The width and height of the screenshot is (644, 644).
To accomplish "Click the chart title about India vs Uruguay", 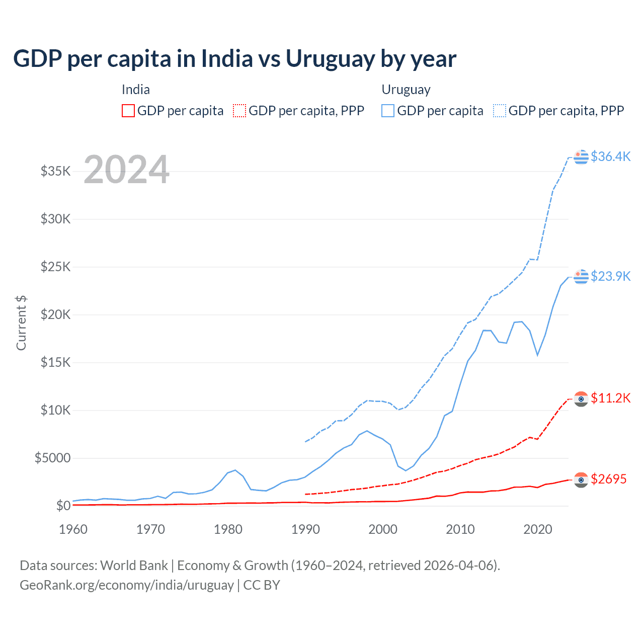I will pyautogui.click(x=234, y=59).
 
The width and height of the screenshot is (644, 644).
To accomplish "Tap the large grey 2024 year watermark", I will pyautogui.click(x=126, y=170).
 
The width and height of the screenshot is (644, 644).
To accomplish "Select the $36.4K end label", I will pyautogui.click(x=610, y=156).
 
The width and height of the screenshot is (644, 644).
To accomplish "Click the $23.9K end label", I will pyautogui.click(x=610, y=276).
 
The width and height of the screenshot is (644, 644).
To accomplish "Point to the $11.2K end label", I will pyautogui.click(x=610, y=398).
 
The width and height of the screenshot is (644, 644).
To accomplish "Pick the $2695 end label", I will pyautogui.click(x=608, y=479).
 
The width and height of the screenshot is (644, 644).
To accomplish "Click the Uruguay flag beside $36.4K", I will pyautogui.click(x=581, y=157).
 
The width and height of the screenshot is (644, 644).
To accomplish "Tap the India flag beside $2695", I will pyautogui.click(x=581, y=480).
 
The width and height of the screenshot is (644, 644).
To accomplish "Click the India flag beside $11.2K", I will pyautogui.click(x=581, y=399).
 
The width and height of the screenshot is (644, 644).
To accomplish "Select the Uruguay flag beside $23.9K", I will pyautogui.click(x=581, y=277).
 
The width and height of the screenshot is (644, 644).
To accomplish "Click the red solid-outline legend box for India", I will pyautogui.click(x=128, y=111).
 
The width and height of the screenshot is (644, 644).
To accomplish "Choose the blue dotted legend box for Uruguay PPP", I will pyautogui.click(x=500, y=111).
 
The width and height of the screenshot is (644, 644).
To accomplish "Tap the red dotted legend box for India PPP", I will pyautogui.click(x=240, y=111).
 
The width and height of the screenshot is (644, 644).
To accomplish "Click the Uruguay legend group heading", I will pyautogui.click(x=406, y=90).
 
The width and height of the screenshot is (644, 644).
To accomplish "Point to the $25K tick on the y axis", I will pyautogui.click(x=55, y=267).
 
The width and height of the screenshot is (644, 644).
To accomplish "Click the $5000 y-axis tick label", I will pyautogui.click(x=52, y=458).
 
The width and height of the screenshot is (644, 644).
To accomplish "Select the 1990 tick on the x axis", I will pyautogui.click(x=305, y=529).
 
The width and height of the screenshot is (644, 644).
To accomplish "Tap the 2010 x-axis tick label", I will pyautogui.click(x=460, y=529).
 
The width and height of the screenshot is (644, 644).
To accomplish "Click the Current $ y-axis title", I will pyautogui.click(x=21, y=323).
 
